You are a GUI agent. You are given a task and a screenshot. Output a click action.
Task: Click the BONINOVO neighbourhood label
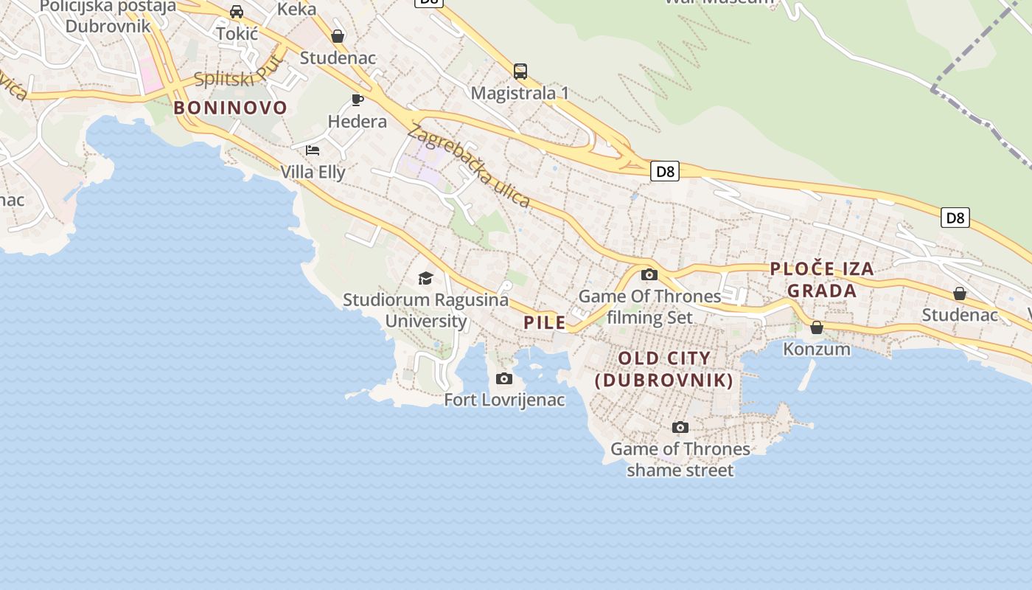click(x=230, y=108)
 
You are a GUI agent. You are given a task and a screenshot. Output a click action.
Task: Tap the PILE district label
click(x=545, y=322)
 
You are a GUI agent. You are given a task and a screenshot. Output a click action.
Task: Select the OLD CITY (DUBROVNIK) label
click(x=664, y=369)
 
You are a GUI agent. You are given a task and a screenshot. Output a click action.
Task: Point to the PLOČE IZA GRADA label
click(x=822, y=280)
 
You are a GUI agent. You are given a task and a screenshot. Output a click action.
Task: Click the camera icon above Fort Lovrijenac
click(x=504, y=379)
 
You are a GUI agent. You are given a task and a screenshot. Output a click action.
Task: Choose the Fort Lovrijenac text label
click(x=504, y=400)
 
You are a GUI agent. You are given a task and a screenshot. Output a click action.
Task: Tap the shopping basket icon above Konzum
click(x=817, y=327)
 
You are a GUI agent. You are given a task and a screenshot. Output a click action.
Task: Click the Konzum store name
click(x=817, y=349)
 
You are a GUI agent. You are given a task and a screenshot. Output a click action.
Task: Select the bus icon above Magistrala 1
click(x=520, y=72)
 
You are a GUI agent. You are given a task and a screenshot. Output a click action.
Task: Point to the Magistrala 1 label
click(x=520, y=94)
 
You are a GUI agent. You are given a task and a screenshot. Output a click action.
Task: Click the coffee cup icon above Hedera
click(x=358, y=100)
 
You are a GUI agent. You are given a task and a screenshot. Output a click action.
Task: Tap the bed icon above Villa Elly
click(x=313, y=150)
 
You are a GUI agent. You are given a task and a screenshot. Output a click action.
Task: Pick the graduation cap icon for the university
click(x=425, y=278)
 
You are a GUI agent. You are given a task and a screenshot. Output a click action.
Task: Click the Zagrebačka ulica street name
click(x=468, y=167)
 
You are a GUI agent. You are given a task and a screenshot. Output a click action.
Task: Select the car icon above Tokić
click(x=237, y=12)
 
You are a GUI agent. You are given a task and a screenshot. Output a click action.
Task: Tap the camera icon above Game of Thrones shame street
click(x=680, y=428)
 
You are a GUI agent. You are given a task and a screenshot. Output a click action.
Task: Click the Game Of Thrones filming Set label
click(x=649, y=307)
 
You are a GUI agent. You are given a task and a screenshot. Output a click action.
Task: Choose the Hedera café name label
click(x=358, y=122)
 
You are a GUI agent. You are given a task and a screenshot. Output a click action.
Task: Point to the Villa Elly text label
click(x=313, y=173)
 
